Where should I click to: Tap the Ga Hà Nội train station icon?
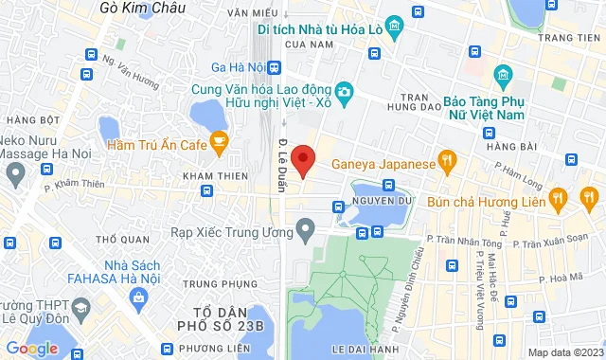point(275,67)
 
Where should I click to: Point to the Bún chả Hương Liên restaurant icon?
point(559,199)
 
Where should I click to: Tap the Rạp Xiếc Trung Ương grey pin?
point(305,228)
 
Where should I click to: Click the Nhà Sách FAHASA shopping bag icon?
point(140,297)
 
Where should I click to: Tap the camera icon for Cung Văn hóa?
point(344,91)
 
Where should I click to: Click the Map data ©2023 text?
point(563,352)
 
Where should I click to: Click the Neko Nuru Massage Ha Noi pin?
point(15,173)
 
